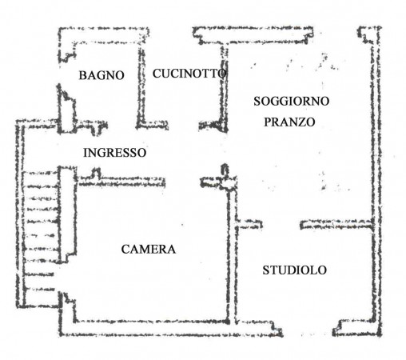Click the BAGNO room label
click(101, 75)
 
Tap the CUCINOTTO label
click(189, 74)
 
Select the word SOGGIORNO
click(291, 101)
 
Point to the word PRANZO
click(289, 122)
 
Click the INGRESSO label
click(115, 153)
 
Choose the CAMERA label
click(149, 250)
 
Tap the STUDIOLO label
click(295, 270)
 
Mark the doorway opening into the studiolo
click(281, 225)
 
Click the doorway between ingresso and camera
click(183, 182)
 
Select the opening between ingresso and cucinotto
click(183, 125)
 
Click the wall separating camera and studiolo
click(232, 254)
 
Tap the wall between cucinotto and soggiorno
click(225, 88)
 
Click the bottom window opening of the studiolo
click(308, 333)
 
